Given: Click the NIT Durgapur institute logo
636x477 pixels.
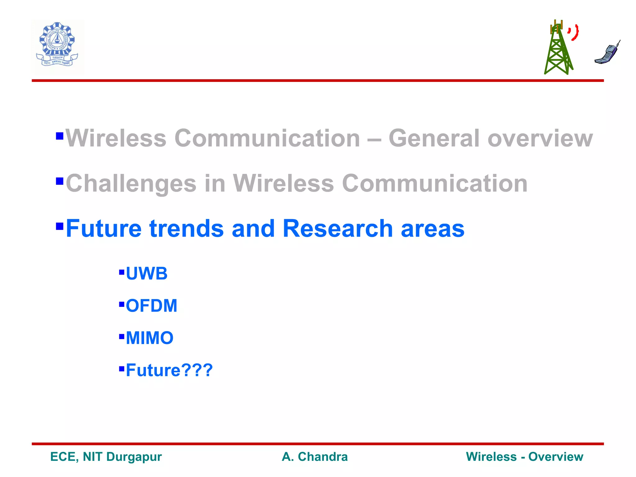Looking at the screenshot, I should coord(57,46).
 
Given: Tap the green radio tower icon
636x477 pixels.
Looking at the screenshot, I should coord(558,50).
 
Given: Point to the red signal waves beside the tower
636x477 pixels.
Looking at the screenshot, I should coord(574,32).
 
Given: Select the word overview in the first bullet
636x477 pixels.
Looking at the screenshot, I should coord(540,138).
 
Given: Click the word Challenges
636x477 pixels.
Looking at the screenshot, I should coord(131,184).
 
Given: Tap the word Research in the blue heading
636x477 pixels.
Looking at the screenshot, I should coord(338,229).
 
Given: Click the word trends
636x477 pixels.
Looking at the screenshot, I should coord(186,229).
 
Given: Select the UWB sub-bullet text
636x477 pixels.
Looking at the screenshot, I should coord(147,274).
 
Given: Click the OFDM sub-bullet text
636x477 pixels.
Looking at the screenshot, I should coord(152,306).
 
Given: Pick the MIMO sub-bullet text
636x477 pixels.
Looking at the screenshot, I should coord(150,338).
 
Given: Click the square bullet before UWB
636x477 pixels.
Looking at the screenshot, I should coord(122,272).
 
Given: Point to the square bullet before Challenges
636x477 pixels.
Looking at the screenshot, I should coord(60,181).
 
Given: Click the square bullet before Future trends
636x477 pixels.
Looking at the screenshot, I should coord(60,226).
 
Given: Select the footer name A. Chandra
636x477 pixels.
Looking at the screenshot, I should coord(315,457).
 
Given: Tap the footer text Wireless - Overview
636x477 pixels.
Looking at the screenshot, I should coord(525,457).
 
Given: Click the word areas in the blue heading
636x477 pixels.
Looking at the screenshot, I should coord(433,229).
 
